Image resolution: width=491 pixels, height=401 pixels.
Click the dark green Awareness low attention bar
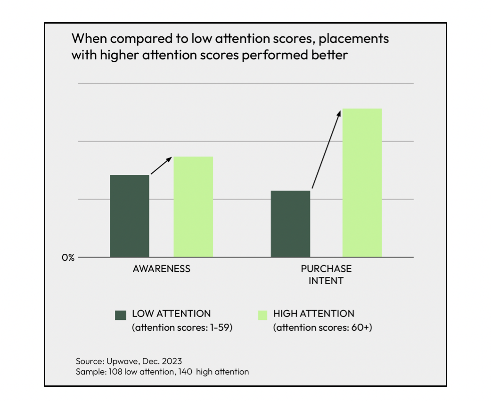point(130,216)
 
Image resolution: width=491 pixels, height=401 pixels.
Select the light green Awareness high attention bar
point(193,207)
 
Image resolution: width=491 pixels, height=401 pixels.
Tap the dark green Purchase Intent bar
point(290,224)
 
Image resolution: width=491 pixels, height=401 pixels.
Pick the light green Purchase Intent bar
point(362,183)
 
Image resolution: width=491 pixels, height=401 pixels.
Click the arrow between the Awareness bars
point(161,166)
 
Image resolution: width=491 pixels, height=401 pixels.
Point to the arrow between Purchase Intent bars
point(326,150)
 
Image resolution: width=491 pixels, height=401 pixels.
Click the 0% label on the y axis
point(68,258)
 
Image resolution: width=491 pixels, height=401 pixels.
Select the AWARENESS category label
point(162,269)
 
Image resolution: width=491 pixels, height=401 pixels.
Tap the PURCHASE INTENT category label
point(326,275)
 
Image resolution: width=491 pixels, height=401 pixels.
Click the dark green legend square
point(121,315)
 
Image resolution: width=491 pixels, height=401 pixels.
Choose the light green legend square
point(262,315)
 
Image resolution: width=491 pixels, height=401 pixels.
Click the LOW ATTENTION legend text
point(172,314)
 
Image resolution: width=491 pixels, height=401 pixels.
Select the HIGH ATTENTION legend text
point(314,314)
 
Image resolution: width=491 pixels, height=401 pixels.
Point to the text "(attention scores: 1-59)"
point(182,328)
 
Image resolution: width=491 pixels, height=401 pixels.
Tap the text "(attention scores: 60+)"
point(323,328)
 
